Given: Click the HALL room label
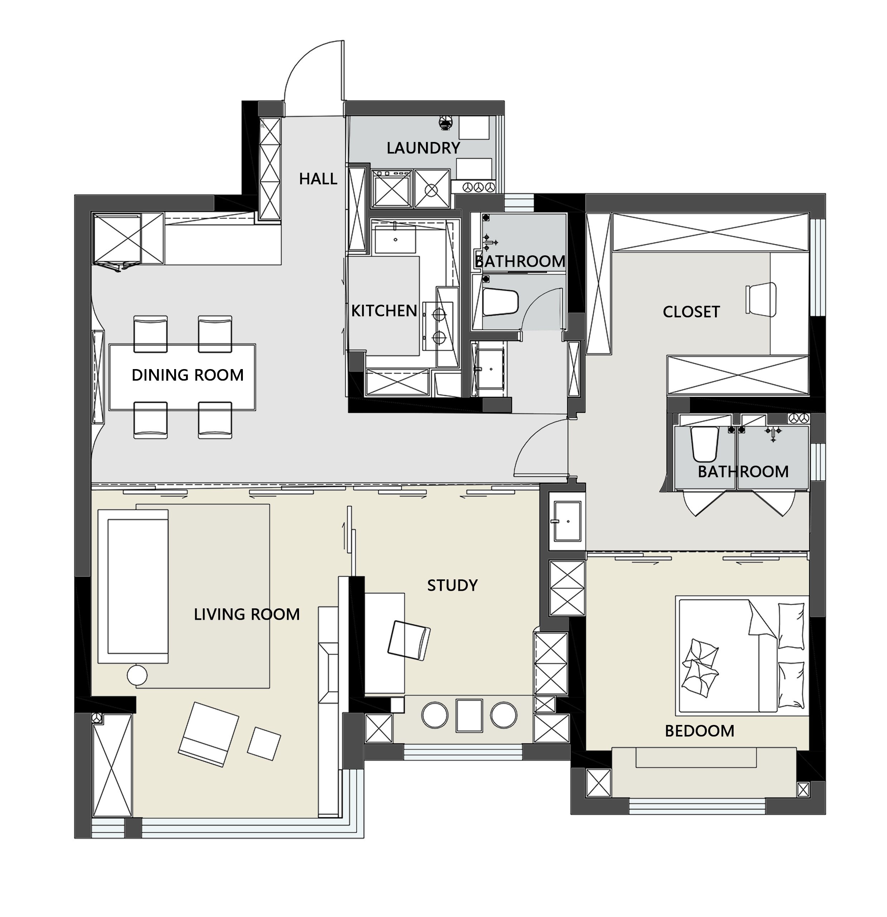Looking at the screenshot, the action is [x=318, y=179].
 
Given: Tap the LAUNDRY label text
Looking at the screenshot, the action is [x=423, y=148].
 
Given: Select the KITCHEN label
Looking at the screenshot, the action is [x=384, y=311].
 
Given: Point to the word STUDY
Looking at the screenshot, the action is [x=452, y=585].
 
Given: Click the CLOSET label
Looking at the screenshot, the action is [x=691, y=312].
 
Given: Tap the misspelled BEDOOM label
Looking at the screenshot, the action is [x=699, y=731].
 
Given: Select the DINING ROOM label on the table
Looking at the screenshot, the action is [x=188, y=375].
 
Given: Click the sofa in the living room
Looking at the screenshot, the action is [x=133, y=586].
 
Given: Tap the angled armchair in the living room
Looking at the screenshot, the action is [x=209, y=734].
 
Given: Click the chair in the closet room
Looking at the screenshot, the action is [x=761, y=299].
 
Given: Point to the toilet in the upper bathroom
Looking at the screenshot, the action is [x=500, y=302].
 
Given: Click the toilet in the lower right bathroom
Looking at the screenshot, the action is [x=705, y=443].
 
